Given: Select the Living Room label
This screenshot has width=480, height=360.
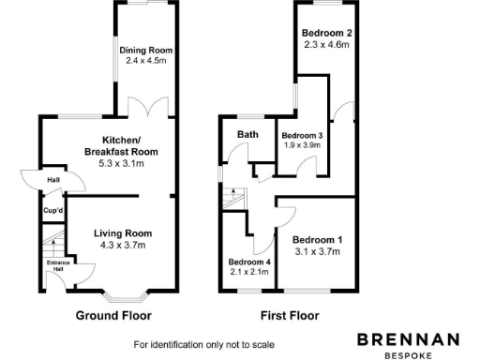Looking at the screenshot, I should coord(122,233).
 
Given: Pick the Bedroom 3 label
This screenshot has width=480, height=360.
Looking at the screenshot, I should coord(302,135).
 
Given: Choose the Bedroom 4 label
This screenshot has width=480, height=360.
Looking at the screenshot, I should coord(248,262).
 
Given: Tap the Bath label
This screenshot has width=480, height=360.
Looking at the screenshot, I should coord(247,134).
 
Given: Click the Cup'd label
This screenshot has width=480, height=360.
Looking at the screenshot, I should coord(53,210).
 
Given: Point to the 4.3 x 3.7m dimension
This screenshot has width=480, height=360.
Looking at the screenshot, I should coord(122,246).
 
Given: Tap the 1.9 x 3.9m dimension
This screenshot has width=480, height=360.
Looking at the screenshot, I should coord(302,145).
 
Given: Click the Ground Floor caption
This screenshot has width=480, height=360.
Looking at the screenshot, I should coord(113,316).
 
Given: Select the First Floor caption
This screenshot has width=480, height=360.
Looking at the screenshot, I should coord(288,316).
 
